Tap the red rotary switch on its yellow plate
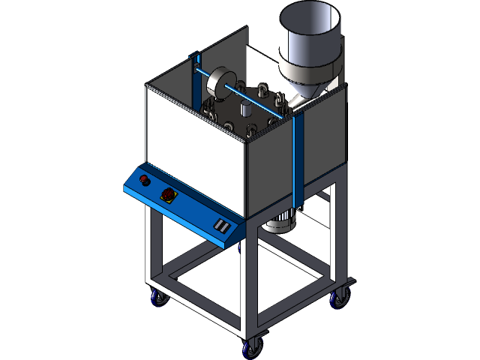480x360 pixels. tap(168, 195)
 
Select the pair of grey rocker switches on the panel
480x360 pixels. tap(222, 225)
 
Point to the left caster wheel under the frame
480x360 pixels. tap(159, 298)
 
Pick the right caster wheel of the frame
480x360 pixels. tap(338, 298)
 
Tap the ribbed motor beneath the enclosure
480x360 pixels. tap(282, 221)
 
